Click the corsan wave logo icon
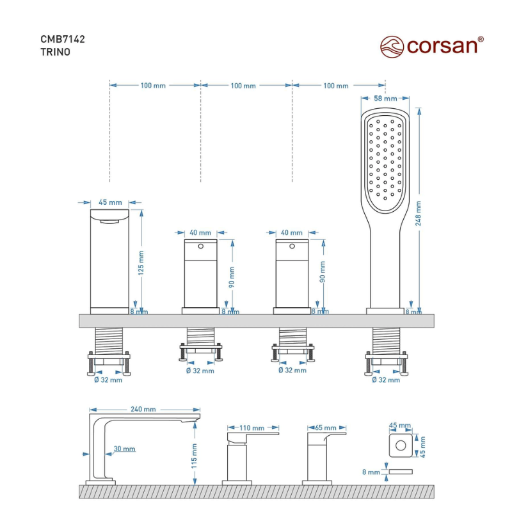392,47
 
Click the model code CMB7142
63,39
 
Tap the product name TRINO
55,52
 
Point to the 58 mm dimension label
385,99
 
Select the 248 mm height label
419,213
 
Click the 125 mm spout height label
141,263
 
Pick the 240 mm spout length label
143,409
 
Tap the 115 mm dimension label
195,456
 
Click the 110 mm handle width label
252,428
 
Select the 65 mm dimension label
326,428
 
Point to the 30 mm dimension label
124,449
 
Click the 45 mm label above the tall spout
110,202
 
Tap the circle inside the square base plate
401,445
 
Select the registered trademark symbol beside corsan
481,39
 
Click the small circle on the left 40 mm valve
200,246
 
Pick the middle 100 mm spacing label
243,86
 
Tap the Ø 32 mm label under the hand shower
386,380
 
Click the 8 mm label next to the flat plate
371,472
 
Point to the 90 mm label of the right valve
323,271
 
